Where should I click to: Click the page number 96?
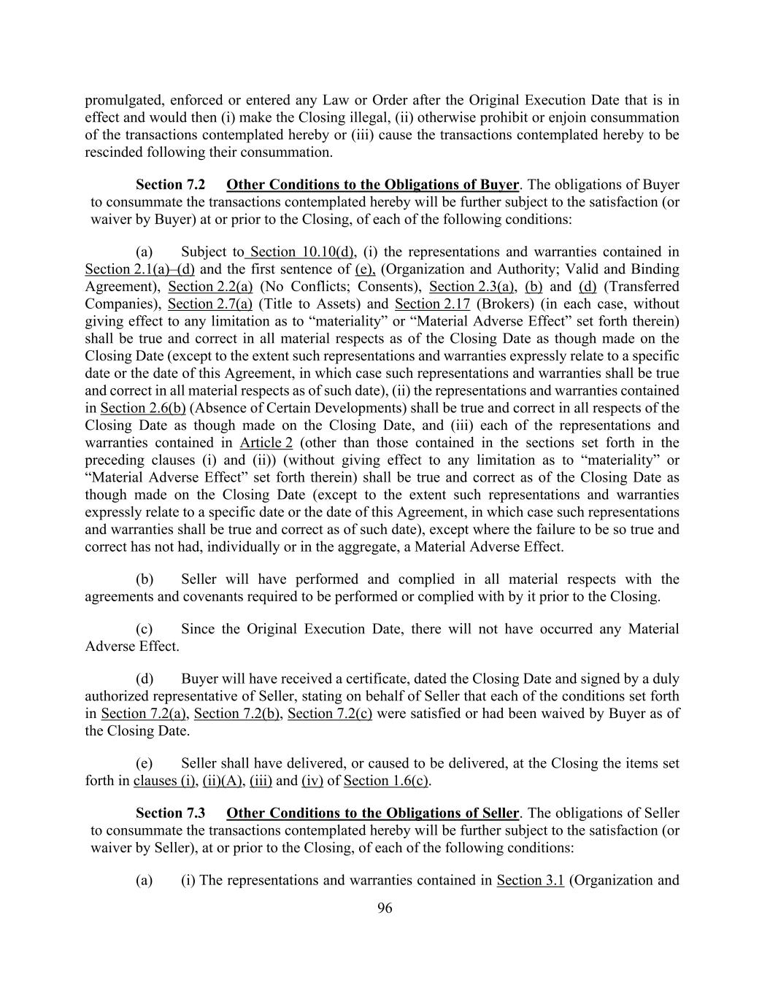click(x=385, y=908)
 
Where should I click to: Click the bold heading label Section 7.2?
click(x=170, y=185)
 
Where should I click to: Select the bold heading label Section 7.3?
click(x=170, y=813)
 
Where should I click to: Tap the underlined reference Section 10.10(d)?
click(x=301, y=252)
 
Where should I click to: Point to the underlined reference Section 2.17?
click(x=432, y=304)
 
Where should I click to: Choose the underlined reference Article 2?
click(x=266, y=443)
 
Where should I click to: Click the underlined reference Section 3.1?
click(x=530, y=880)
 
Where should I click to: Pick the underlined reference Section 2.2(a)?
click(x=210, y=287)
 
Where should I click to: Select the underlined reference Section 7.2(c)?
click(x=330, y=714)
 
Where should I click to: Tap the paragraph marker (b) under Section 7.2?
click(x=145, y=579)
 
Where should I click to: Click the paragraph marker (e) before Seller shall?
click(x=145, y=763)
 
